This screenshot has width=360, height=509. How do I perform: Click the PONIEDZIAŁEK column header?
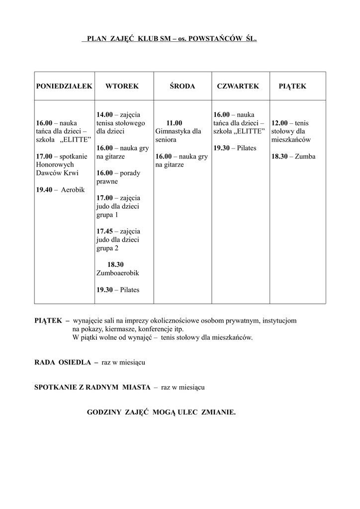click(64, 86)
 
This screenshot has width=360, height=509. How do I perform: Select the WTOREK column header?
click(122, 86)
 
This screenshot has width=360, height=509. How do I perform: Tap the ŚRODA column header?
click(182, 86)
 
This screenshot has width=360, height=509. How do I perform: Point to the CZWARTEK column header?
click(238, 86)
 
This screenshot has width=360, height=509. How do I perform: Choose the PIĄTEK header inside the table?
click(292, 86)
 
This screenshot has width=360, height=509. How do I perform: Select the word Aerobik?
click(73, 190)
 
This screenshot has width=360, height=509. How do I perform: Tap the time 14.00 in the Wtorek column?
click(104, 115)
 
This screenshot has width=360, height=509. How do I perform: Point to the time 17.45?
click(104, 231)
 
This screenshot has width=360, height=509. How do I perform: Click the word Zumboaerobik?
click(117, 273)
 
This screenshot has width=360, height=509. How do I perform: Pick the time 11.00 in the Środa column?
click(174, 123)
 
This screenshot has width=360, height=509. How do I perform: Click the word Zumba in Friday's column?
click(305, 156)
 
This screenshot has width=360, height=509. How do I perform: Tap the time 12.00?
click(280, 123)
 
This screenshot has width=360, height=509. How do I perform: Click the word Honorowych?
click(55, 165)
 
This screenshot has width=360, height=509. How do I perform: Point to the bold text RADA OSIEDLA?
click(63, 362)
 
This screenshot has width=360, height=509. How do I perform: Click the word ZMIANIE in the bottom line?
click(218, 412)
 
